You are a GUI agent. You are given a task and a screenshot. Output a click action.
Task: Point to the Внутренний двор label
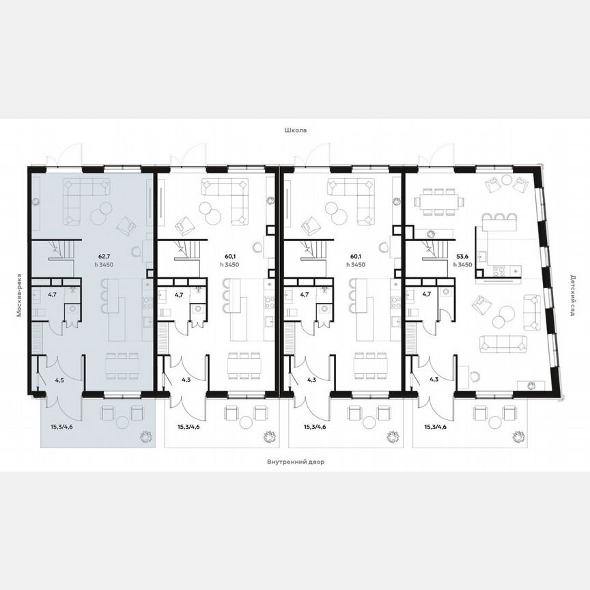coord(296,462)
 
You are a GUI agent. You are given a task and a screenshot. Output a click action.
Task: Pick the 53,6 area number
coord(462,256)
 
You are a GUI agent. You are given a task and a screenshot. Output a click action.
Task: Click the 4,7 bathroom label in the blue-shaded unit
coord(53,294)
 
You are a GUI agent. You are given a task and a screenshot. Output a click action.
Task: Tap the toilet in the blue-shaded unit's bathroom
coord(41,311)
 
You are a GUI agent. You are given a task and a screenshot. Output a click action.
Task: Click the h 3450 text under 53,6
coord(462,264)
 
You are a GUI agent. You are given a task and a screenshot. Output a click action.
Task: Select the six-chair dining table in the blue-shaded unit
coord(120,365)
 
